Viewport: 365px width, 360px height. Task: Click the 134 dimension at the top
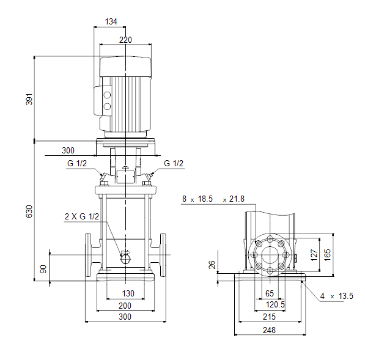[111, 21]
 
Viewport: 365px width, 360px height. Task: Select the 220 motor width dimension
[125, 40]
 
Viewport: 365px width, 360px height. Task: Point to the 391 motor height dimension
[29, 100]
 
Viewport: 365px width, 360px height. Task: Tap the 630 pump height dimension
[29, 211]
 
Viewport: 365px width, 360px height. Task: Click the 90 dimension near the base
[43, 269]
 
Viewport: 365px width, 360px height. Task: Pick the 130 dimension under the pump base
[128, 293]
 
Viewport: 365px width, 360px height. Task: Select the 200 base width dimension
[125, 306]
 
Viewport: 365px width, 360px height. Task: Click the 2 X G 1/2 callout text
[82, 216]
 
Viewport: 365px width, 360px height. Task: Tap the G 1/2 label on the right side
[174, 163]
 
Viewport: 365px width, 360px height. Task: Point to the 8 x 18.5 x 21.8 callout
[213, 199]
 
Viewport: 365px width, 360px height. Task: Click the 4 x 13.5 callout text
[337, 296]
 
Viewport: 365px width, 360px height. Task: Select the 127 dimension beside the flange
[314, 255]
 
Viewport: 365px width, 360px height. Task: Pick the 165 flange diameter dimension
[327, 255]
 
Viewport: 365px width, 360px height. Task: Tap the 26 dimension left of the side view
[212, 265]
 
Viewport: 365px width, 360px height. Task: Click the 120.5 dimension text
[275, 304]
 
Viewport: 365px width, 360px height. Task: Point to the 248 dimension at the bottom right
[270, 330]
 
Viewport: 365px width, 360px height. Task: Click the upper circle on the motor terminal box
[107, 95]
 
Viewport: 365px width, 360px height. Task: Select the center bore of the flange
[270, 255]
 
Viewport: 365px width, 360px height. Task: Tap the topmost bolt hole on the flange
[270, 239]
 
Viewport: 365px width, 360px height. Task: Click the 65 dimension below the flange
[270, 293]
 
